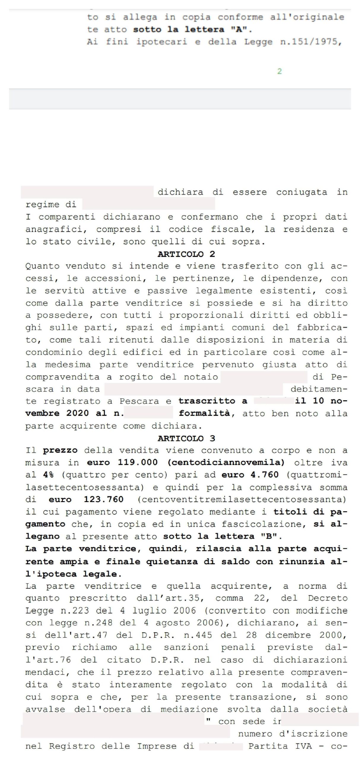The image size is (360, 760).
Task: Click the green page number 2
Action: point(279,71)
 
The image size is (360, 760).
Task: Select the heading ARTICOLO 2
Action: point(186,254)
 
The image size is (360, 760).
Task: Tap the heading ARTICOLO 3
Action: point(186,438)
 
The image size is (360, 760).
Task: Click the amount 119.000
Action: point(138,463)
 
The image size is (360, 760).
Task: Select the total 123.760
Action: point(104,500)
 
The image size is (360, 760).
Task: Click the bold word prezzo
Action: point(60,451)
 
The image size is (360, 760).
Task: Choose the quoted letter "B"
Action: point(269,536)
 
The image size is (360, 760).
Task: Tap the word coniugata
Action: point(302,192)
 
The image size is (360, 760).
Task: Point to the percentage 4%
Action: point(48,475)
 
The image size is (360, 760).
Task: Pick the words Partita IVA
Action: point(280,746)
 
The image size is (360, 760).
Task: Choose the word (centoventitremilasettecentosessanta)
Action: point(242,500)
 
